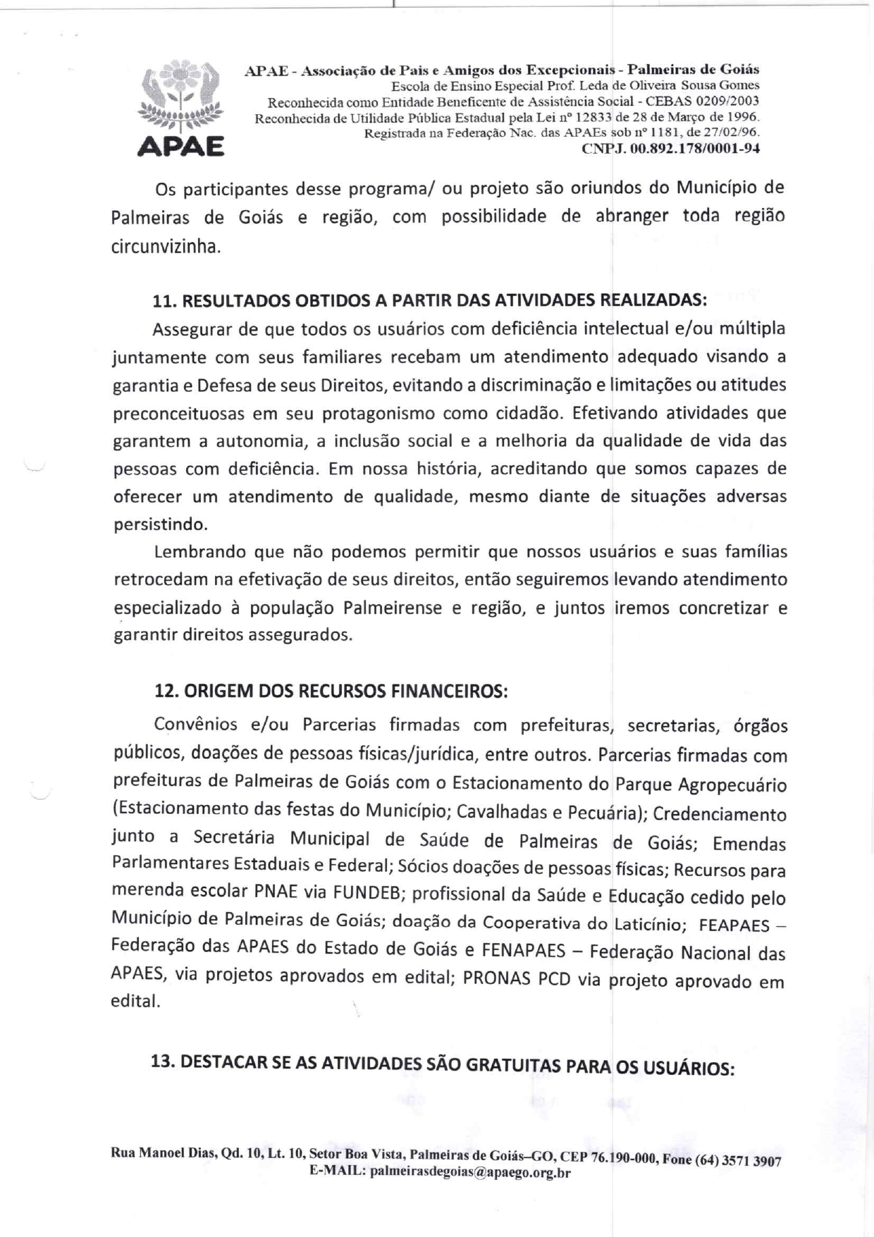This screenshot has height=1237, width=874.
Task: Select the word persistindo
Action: pyautogui.click(x=161, y=524)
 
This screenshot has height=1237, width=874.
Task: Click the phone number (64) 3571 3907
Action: pyautogui.click(x=738, y=1162)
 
